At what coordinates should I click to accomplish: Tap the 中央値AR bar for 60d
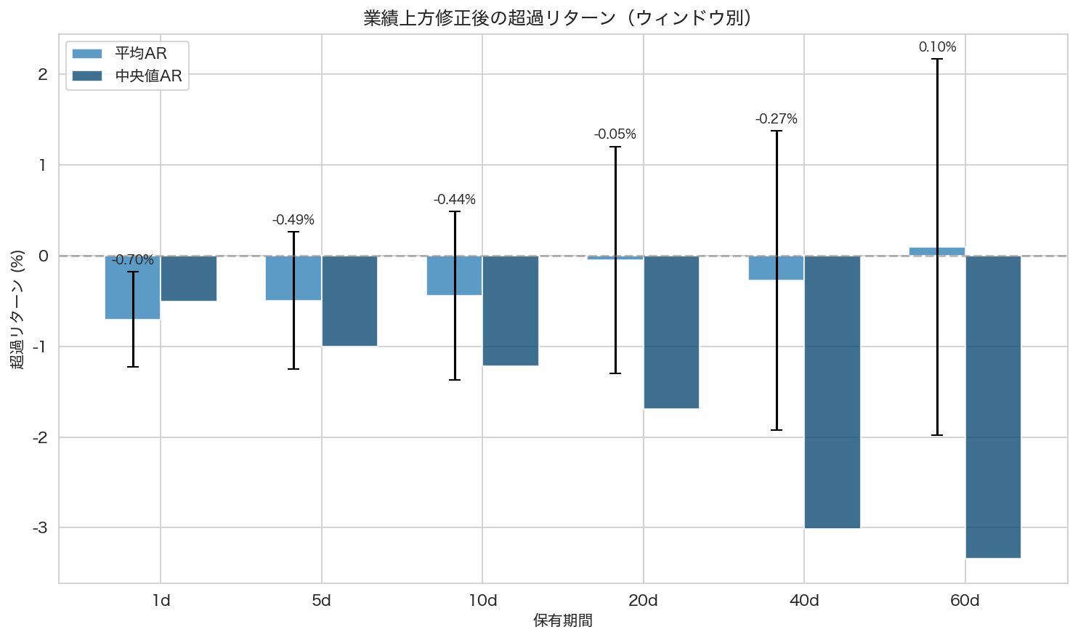coord(993,407)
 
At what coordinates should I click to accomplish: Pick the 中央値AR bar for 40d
coord(832,392)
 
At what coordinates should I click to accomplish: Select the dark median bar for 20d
coord(671,332)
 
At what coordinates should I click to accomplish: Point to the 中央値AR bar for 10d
coord(511,311)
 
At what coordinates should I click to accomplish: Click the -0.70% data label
coord(133,260)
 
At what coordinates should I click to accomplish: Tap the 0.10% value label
coord(937,47)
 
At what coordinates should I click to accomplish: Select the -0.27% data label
coord(776,119)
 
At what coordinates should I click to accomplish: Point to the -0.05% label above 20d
coord(615,134)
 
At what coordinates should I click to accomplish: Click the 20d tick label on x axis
coord(643,601)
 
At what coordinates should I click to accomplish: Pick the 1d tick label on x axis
coord(161,601)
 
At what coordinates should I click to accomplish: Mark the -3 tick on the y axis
coord(40,528)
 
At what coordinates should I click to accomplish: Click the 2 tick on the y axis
coord(43,75)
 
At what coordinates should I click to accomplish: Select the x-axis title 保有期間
coord(563,621)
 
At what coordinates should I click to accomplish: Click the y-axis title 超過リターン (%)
coord(17,309)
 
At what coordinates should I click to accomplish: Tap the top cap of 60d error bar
coord(937,59)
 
